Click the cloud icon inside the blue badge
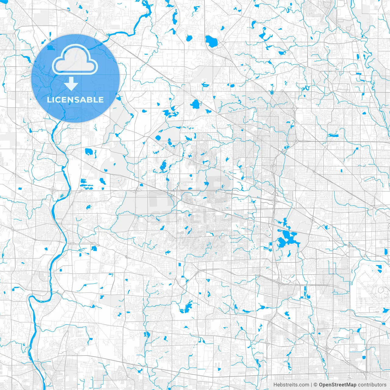(x=75, y=60)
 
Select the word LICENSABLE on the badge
(x=75, y=100)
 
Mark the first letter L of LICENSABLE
(x=49, y=100)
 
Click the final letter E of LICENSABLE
(x=101, y=100)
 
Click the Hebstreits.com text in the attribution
(x=291, y=385)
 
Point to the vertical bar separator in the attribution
(x=311, y=385)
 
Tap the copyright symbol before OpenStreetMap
(x=316, y=385)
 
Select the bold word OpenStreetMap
(x=338, y=385)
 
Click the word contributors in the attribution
(x=372, y=385)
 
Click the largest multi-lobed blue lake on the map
(x=286, y=238)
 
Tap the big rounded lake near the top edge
(x=211, y=41)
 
